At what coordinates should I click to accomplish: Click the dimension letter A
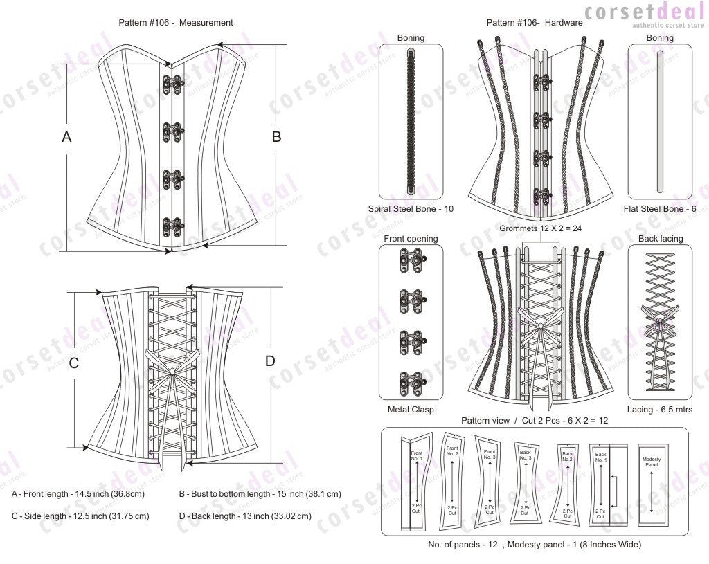pyautogui.click(x=66, y=137)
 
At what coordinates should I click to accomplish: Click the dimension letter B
pyautogui.click(x=276, y=137)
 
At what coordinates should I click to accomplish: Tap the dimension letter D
pyautogui.click(x=270, y=361)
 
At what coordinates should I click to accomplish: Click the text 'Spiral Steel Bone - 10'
pyautogui.click(x=411, y=208)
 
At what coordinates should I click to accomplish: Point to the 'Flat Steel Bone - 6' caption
pyautogui.click(x=659, y=208)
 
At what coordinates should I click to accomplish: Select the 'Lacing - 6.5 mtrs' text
pyautogui.click(x=659, y=410)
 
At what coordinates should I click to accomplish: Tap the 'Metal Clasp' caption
pyautogui.click(x=411, y=410)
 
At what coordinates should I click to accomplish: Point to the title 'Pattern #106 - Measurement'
pyautogui.click(x=176, y=22)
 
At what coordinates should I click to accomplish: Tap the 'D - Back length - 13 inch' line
pyautogui.click(x=245, y=516)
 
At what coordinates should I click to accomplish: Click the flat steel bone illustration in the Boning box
pyautogui.click(x=659, y=121)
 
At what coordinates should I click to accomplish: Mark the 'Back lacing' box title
pyautogui.click(x=659, y=239)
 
